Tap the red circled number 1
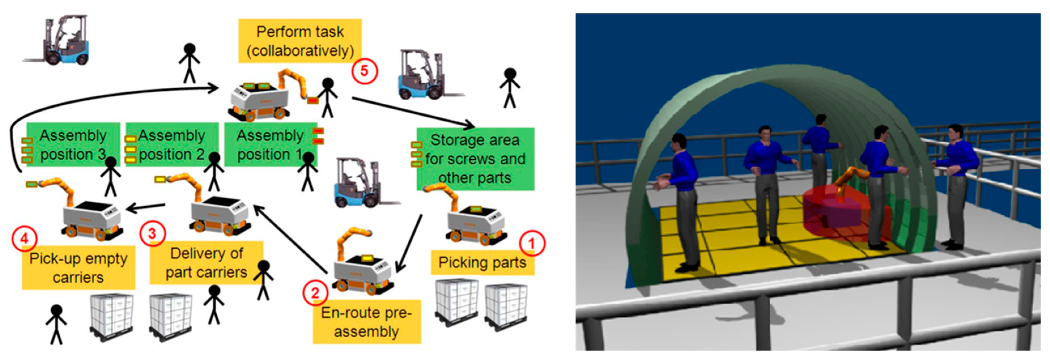coord(532,243)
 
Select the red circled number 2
coord(315,292)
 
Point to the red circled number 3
coord(152,234)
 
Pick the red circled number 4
coord(24,238)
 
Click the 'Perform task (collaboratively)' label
coord(300,41)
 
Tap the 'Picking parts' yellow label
coord(483,263)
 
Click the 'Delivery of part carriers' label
coord(207,263)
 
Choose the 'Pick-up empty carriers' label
coord(78,267)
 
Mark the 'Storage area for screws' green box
coord(475,159)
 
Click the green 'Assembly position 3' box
coord(73,145)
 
